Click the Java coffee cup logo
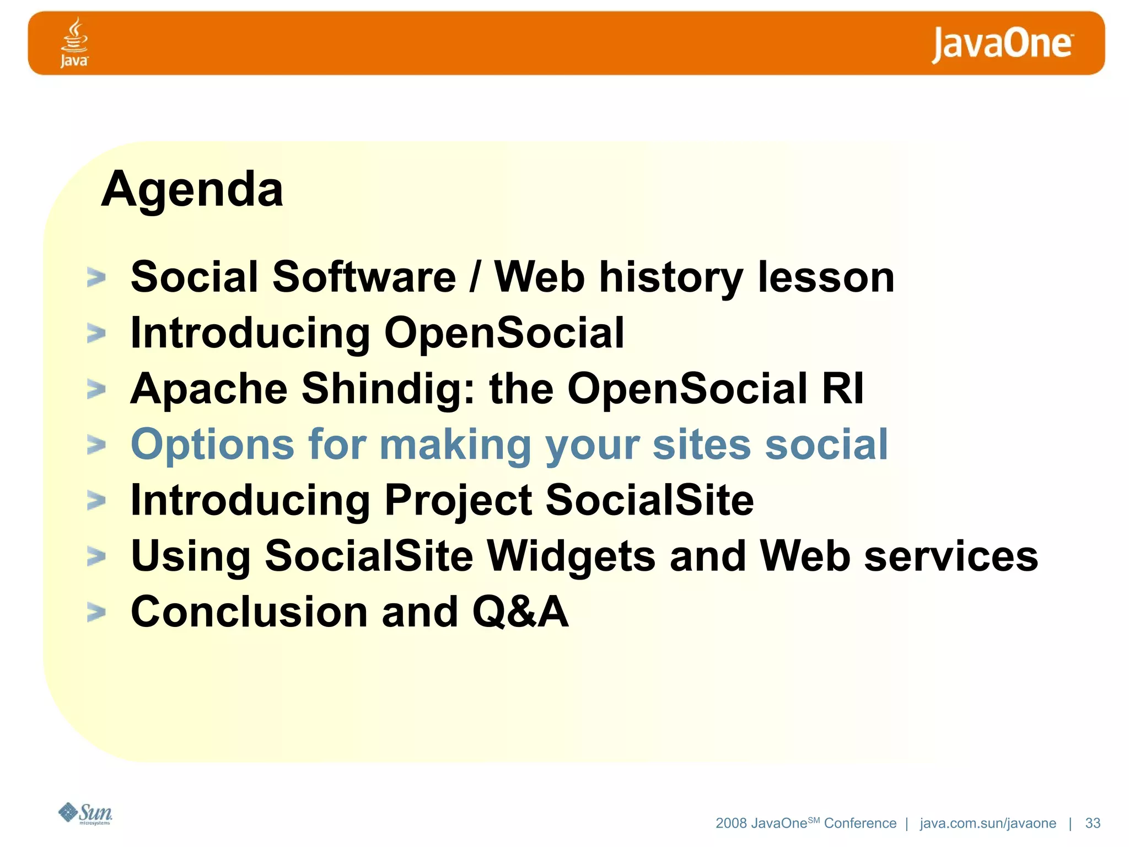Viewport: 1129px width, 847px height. click(x=74, y=42)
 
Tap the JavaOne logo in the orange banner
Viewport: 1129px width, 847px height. click(x=1002, y=44)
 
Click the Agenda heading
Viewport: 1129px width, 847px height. click(x=192, y=189)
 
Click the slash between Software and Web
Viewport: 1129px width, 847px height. click(x=475, y=277)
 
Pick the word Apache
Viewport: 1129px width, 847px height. click(x=209, y=389)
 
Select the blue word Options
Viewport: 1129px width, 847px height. click(x=212, y=445)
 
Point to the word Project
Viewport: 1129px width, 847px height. click(x=458, y=501)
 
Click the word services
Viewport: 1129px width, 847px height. click(x=951, y=556)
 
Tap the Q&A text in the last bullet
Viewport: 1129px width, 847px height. click(x=520, y=612)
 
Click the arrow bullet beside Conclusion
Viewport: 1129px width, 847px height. click(x=96, y=612)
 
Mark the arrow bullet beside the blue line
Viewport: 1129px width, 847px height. click(x=96, y=444)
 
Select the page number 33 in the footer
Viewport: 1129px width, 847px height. click(x=1093, y=823)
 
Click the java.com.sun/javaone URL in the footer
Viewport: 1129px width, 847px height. click(x=988, y=823)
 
